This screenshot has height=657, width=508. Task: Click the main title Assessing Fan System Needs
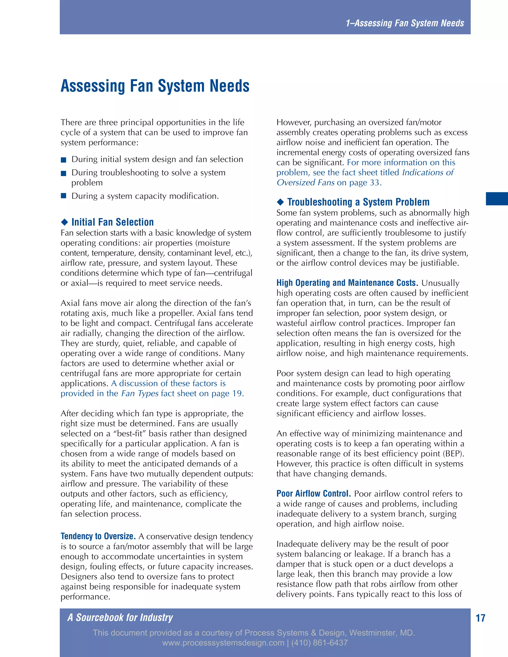coord(155,86)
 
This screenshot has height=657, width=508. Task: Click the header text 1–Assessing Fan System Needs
coord(405,23)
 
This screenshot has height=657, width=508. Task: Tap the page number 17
coord(480,618)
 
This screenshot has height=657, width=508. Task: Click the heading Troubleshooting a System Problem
coord(358,202)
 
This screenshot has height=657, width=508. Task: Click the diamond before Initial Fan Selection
coord(64,222)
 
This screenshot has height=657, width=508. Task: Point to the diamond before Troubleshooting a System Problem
coord(280,202)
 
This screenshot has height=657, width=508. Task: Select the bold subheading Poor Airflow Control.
coord(314,494)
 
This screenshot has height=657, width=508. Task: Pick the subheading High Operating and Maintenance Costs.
coord(347,283)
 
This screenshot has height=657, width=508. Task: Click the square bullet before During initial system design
coord(63,160)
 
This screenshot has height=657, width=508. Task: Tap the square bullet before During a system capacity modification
coord(63,196)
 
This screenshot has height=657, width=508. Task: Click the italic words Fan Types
coord(140,393)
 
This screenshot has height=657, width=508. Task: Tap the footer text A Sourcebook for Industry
coord(120,618)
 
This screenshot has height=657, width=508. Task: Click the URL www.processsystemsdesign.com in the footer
coord(223,643)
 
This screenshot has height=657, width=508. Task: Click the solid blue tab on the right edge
coord(497,199)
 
